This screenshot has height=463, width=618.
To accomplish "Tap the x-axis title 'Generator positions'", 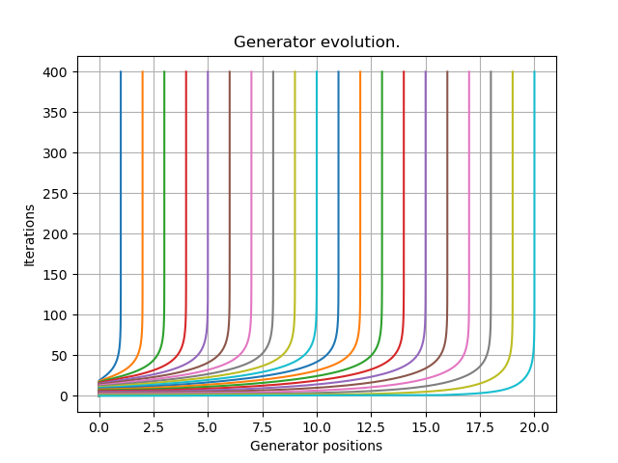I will pyautogui.click(x=316, y=446).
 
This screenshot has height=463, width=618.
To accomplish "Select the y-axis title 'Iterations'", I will pyautogui.click(x=30, y=233).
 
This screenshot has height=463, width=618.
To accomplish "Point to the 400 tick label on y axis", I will pyautogui.click(x=54, y=72).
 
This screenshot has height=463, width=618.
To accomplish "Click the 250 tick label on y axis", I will pyautogui.click(x=54, y=194).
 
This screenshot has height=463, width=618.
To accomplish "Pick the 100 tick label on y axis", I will pyautogui.click(x=54, y=315).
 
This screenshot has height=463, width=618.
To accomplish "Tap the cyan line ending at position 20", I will pyautogui.click(x=534, y=193).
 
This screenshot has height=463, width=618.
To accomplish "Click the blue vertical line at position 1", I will pyautogui.click(x=121, y=193).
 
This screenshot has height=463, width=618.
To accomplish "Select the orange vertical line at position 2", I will pyautogui.click(x=142, y=193).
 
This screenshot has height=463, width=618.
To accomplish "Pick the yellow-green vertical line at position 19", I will pyautogui.click(x=513, y=193).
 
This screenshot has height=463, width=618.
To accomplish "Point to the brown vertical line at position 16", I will pyautogui.click(x=447, y=193).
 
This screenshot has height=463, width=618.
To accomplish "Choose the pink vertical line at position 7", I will pyautogui.click(x=251, y=193).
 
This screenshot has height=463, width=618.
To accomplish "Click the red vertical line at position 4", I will pyautogui.click(x=185, y=193).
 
